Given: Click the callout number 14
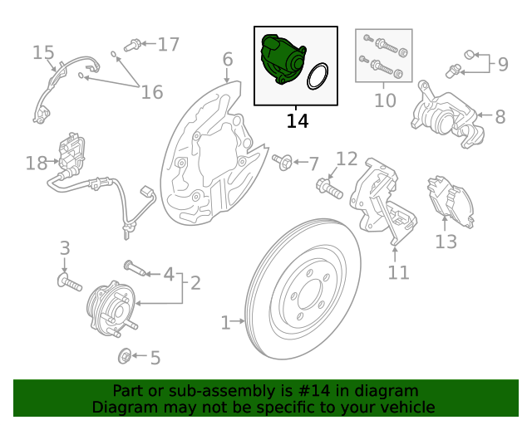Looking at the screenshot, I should click(297, 121).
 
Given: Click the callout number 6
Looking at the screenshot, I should click(227, 59).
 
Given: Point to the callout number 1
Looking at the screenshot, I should click(225, 321).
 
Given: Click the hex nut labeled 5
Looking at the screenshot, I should click(124, 357).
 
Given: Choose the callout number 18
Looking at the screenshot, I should click(36, 163).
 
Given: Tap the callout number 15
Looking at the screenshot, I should click(43, 53).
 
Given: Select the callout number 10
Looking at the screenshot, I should click(384, 100).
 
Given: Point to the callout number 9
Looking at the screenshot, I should click(502, 62).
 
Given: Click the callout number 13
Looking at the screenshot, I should click(446, 242).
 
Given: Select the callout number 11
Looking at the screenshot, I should click(399, 271).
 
